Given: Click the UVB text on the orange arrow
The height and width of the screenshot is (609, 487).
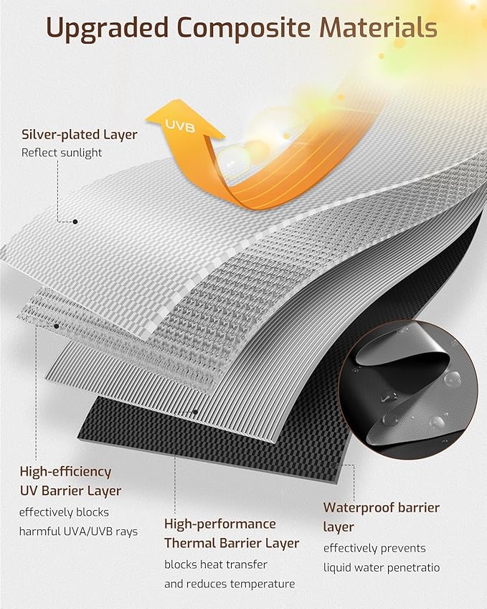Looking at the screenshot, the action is coord(180,126).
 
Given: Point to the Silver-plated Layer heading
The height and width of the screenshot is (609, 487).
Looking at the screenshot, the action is coord(80,134).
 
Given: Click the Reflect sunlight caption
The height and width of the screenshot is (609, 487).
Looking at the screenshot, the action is coord(62,153).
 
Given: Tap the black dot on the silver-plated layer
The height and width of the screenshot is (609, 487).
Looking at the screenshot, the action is coord(75,222).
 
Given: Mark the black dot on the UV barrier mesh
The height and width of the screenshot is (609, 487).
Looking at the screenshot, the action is coord(57,326).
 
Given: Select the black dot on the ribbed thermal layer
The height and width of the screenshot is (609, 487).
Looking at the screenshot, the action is coord(195,412).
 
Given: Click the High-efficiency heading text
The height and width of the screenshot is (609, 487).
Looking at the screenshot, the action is coord(66,471).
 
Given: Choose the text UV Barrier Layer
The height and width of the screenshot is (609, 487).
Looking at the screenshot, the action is coord(71,491).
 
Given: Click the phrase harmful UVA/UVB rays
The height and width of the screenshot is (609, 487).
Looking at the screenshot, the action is coord(78,532).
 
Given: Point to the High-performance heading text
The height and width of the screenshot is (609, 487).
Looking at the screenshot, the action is coord(219,524).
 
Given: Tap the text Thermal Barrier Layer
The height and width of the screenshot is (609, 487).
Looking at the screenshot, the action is coord(232,543).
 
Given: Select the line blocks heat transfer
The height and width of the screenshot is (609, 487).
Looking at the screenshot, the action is coord(216,565).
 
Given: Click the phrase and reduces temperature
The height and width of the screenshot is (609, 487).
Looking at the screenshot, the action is coord(230,584).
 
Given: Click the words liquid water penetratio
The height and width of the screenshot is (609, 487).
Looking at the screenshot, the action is coord(382,567).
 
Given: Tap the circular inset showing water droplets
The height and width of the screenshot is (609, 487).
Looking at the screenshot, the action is coord(408,390).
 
